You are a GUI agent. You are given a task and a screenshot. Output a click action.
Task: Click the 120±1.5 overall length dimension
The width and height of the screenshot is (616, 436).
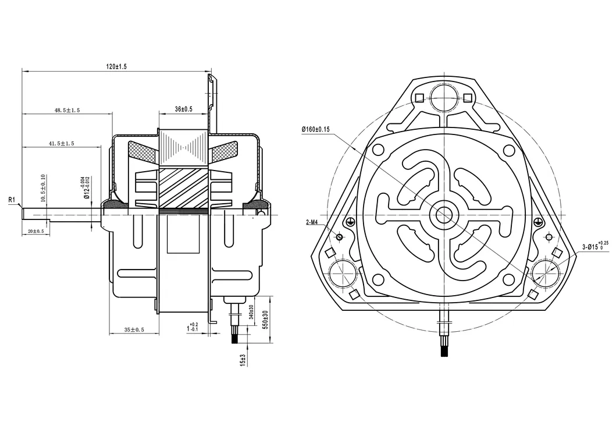116,67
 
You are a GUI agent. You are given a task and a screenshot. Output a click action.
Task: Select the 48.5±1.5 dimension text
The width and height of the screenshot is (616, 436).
67,109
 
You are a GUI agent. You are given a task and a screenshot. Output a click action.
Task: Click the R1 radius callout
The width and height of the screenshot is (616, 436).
11,200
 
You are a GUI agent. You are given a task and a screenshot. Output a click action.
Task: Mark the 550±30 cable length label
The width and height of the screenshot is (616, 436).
265,320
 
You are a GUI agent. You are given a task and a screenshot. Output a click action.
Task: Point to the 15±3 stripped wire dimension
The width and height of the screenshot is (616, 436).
243,360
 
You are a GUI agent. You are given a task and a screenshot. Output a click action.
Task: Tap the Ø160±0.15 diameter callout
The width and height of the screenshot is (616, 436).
316,129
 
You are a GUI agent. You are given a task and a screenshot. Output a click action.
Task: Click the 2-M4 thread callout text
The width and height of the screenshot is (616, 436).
314,223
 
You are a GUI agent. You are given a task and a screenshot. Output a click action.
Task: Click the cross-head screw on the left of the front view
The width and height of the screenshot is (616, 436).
350,221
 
